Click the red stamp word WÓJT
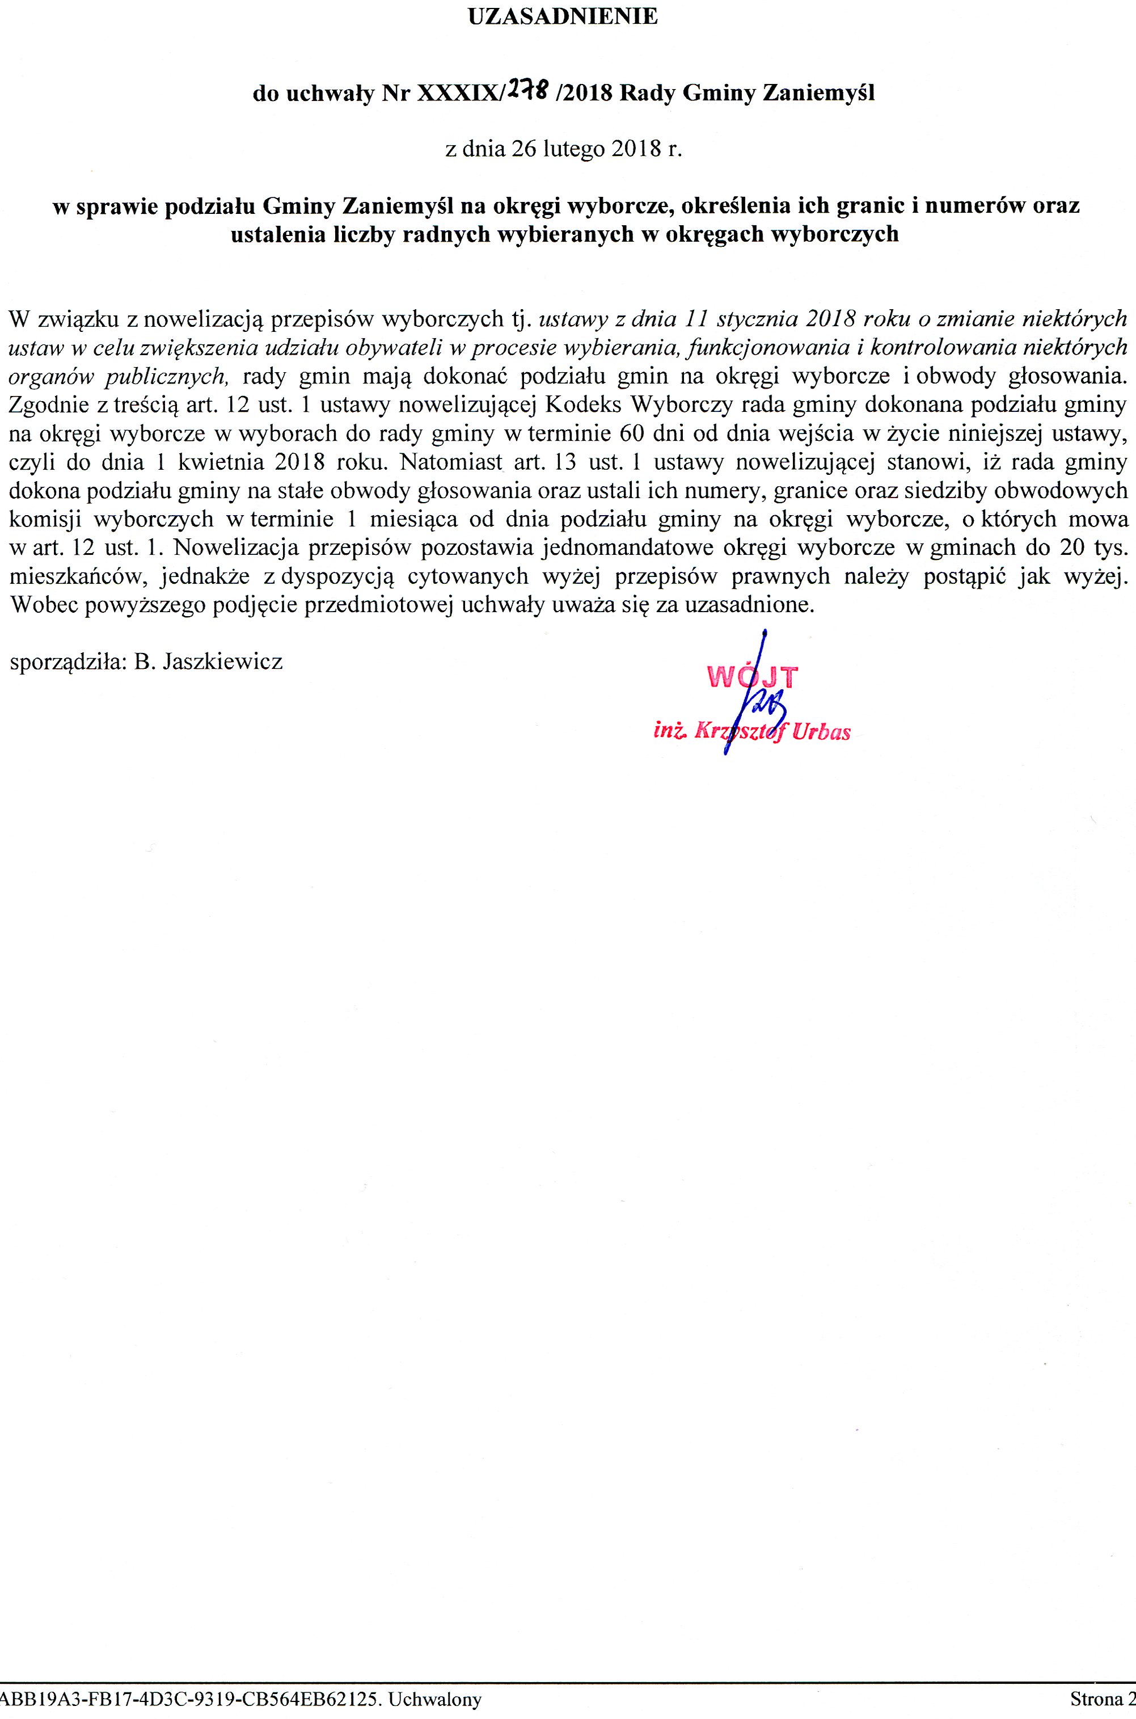tap(752, 676)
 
